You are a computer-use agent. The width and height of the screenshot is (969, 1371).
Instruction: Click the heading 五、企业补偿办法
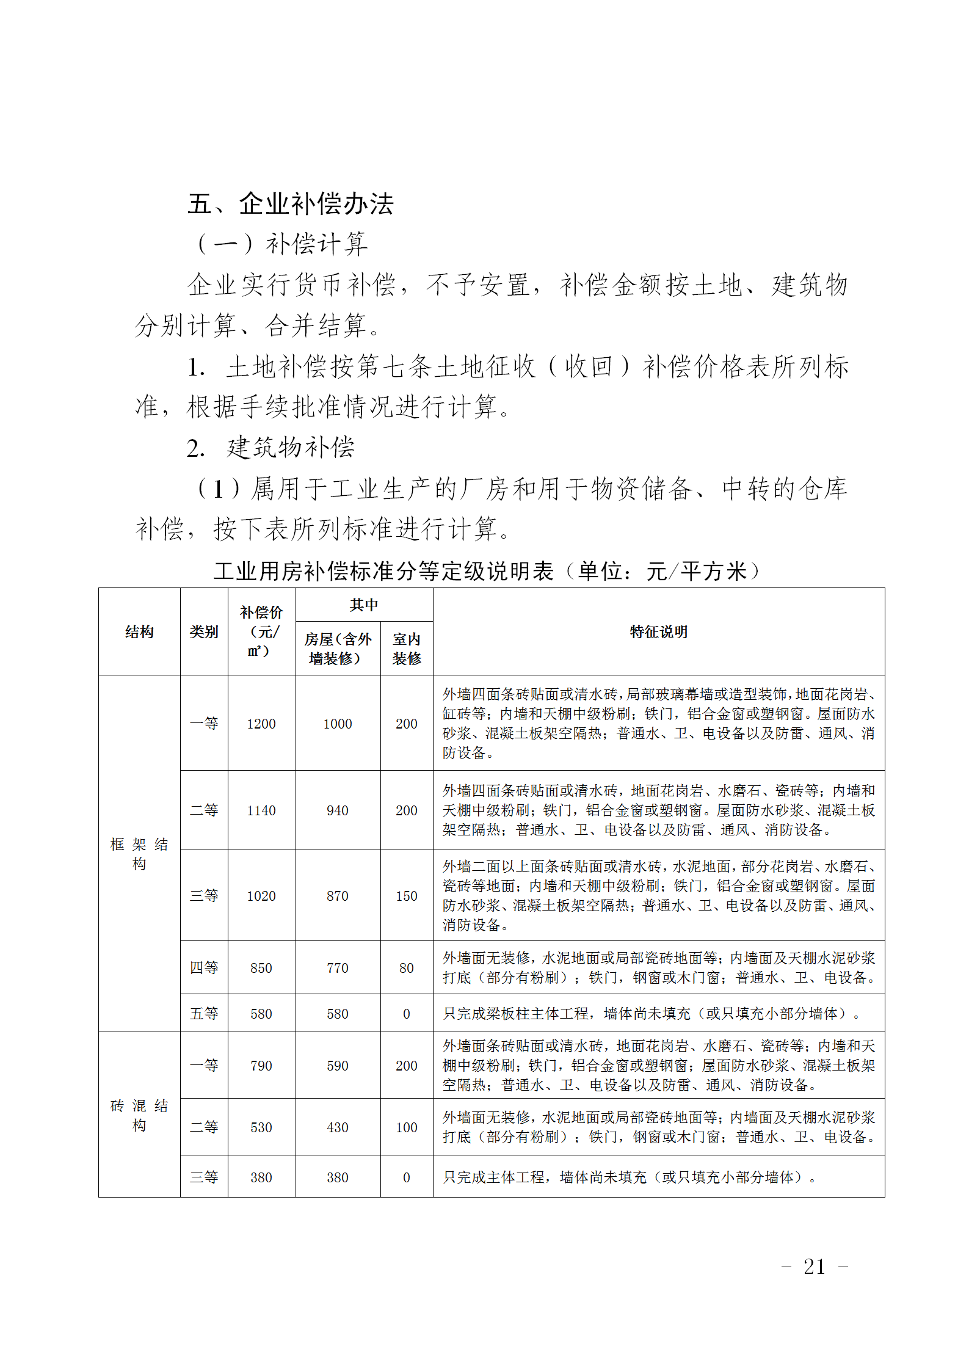[291, 204]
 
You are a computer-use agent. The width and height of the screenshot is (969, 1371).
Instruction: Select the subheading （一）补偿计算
[282, 244]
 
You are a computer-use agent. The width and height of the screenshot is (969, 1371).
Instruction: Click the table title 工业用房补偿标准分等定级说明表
[383, 572]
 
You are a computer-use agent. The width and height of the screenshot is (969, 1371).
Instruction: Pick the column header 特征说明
[658, 631]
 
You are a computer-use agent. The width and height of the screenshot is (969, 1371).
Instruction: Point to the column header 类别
[204, 631]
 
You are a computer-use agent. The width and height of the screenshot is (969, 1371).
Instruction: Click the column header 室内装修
[407, 649]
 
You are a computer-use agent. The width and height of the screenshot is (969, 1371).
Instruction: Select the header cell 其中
[364, 605]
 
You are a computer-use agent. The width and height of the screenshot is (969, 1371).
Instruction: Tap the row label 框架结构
[139, 854]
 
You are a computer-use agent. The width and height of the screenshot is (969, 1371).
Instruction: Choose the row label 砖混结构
[139, 1115]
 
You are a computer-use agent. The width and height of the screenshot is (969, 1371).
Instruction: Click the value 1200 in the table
[261, 724]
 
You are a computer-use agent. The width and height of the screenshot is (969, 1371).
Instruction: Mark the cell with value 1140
[261, 810]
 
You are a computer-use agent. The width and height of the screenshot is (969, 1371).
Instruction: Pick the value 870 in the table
[338, 896]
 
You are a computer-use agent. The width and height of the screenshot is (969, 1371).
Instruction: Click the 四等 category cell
[204, 968]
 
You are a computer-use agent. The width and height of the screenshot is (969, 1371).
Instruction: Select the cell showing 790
[261, 1066]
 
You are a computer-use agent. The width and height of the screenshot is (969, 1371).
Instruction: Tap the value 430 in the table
[338, 1127]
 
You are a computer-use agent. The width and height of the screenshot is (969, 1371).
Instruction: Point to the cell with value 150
[407, 896]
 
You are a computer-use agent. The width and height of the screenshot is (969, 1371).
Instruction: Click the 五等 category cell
[204, 1014]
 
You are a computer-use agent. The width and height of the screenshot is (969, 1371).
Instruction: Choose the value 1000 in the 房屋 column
[338, 724]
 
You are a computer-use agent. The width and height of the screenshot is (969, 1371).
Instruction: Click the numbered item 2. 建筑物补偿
[271, 448]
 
